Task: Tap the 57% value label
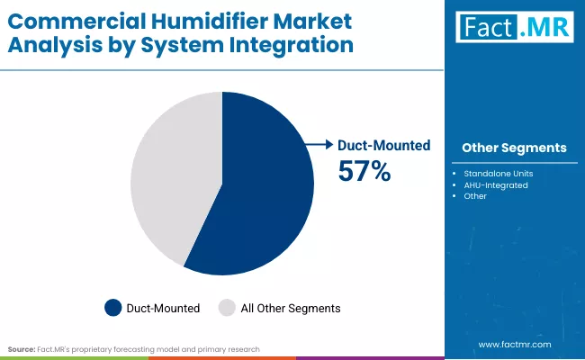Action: [364, 171]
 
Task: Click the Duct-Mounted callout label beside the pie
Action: [383, 145]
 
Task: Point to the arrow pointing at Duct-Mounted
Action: [317, 144]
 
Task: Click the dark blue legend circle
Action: [112, 308]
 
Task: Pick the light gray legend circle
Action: [228, 308]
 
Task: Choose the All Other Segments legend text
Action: [291, 308]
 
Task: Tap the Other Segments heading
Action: [513, 148]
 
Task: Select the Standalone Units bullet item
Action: [497, 173]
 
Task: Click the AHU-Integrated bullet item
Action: [495, 184]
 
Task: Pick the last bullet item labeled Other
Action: [475, 196]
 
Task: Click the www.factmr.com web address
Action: [514, 344]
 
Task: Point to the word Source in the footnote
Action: [21, 348]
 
